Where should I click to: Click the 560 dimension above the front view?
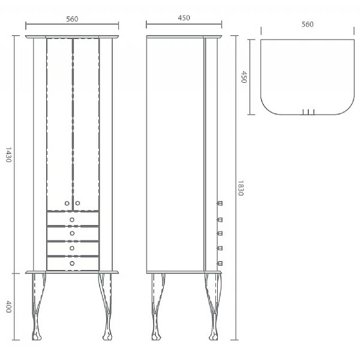[x=72, y=18]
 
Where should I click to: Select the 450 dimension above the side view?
[x=184, y=18]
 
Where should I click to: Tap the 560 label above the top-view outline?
[x=308, y=24]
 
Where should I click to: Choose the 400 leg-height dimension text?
[x=8, y=306]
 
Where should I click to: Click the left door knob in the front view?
[x=67, y=203]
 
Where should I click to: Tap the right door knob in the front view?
[x=77, y=203]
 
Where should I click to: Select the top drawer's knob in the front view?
[x=72, y=219]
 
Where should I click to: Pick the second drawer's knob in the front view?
[x=72, y=233]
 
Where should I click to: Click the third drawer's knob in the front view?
[x=72, y=248]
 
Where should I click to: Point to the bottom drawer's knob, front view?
[x=72, y=263]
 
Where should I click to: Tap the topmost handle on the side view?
[x=220, y=203]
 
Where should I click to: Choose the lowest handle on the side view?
[x=220, y=263]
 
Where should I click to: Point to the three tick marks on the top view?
[x=308, y=112]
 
